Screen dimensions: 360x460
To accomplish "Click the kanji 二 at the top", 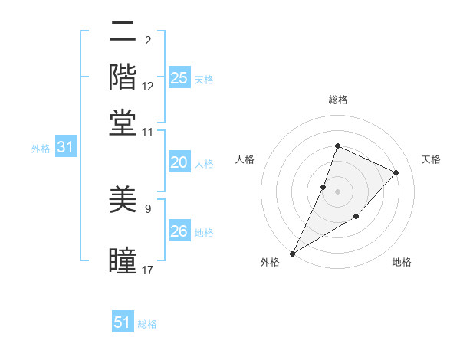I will click(123, 33).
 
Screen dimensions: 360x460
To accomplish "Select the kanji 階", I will click(123, 77).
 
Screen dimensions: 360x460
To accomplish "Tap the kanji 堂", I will click(123, 123).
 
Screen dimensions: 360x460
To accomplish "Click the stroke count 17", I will click(148, 270).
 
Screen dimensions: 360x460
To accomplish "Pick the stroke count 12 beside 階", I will click(148, 87).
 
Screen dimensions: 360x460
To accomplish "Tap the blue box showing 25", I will click(179, 78).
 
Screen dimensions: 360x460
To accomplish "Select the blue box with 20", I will click(179, 162).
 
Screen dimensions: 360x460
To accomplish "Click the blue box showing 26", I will click(179, 231).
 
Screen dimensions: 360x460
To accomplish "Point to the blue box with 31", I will click(65, 148).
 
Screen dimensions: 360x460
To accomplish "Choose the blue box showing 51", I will click(123, 322).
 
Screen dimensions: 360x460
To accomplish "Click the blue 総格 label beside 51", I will click(147, 324).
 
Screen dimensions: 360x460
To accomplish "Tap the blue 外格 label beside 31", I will click(41, 149).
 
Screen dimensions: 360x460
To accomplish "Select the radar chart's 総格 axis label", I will click(337, 100).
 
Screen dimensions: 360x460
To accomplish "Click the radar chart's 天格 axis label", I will click(432, 159).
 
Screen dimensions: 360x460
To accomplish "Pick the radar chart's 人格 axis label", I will click(245, 159).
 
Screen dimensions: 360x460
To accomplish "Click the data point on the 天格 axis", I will click(396, 172).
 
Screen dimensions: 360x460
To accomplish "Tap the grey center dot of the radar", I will click(337, 191).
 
